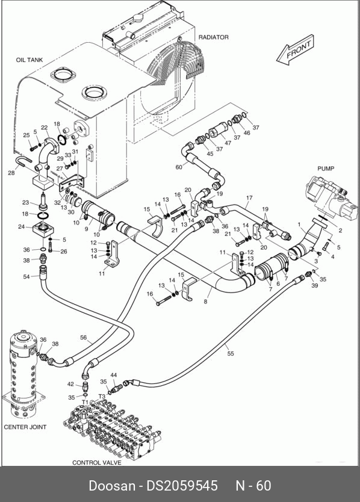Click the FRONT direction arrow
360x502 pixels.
pyautogui.click(x=295, y=51)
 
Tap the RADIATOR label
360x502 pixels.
pyautogui.click(x=214, y=37)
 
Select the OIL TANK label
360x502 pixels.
pyautogui.click(x=29, y=60)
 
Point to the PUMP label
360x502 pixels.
pyautogui.click(x=326, y=169)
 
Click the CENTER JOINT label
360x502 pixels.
pyautogui.click(x=25, y=427)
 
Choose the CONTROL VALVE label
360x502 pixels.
pyautogui.click(x=97, y=463)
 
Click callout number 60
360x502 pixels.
pyautogui.click(x=179, y=167)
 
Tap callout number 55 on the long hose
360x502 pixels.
pyautogui.click(x=231, y=353)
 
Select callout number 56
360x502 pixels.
pyautogui.click(x=83, y=338)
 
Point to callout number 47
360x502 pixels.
pyautogui.click(x=228, y=143)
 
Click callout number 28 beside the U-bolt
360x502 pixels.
pyautogui.click(x=11, y=173)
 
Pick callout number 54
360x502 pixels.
pyautogui.click(x=26, y=276)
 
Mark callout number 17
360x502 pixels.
pyautogui.click(x=249, y=198)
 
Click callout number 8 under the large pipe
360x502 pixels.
pyautogui.click(x=206, y=302)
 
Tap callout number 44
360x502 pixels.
pyautogui.click(x=114, y=375)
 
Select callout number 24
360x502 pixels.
pyautogui.click(x=22, y=227)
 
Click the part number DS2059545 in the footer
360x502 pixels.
pyautogui.click(x=182, y=485)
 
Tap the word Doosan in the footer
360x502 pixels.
pyautogui.click(x=112, y=485)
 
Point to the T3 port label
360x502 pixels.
pyautogui.click(x=102, y=396)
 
